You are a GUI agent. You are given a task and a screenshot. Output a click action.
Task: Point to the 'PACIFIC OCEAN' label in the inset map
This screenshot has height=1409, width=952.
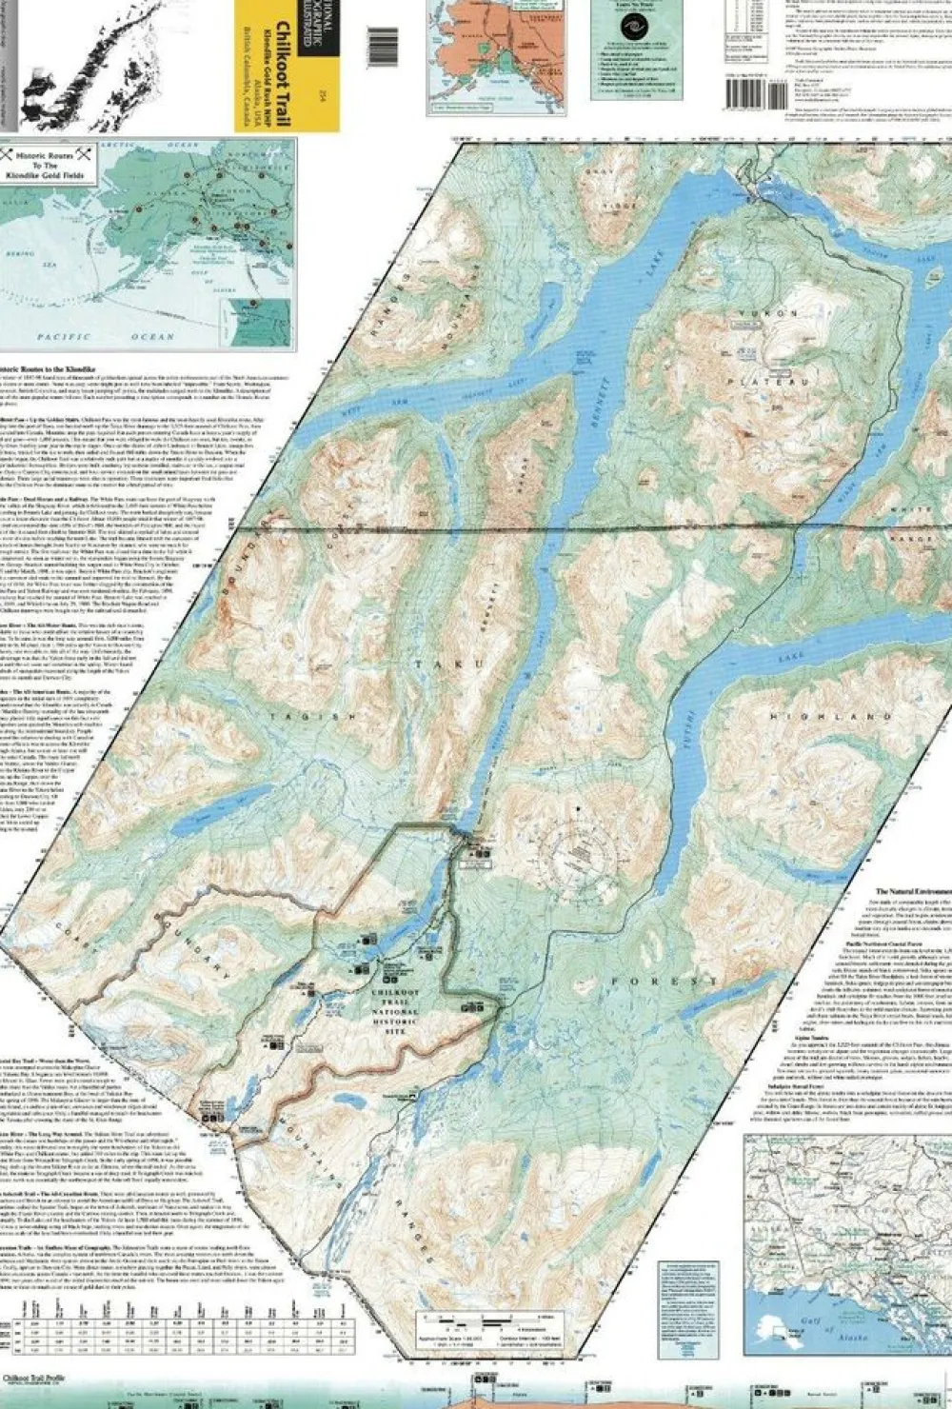[105, 336]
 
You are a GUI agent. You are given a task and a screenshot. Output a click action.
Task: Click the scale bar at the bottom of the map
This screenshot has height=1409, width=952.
[486, 1320]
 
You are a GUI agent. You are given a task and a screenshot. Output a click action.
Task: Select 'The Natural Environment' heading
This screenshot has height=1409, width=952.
[901, 892]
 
